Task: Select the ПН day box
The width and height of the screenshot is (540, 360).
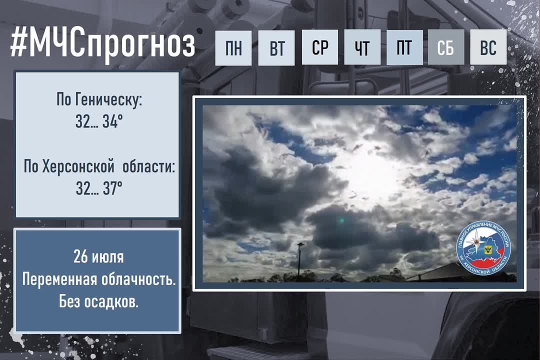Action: [x=233, y=47]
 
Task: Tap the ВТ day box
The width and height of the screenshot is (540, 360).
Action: [x=276, y=47]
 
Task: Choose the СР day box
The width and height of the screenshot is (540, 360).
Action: [x=319, y=47]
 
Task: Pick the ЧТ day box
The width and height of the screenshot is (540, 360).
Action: [x=362, y=47]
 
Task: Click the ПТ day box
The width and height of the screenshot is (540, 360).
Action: [x=404, y=47]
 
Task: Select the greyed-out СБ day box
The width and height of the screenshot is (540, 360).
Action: [x=446, y=47]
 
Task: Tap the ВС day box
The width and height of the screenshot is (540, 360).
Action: [x=488, y=47]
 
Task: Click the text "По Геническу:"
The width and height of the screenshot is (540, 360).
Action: [x=99, y=100]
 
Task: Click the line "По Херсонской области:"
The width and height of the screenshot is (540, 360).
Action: [x=99, y=167]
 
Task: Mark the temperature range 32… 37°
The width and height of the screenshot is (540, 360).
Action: [x=99, y=188]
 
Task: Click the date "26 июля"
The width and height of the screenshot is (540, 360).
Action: [x=98, y=256]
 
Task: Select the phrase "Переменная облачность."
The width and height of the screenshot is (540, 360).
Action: [x=99, y=279]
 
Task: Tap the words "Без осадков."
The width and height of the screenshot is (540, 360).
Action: [x=98, y=302]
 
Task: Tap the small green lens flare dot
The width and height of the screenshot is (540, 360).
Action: [x=341, y=220]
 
